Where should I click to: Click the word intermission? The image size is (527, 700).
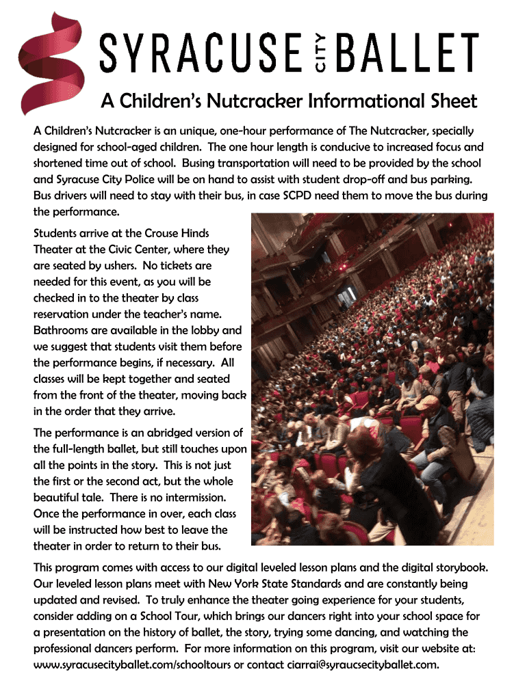pos(188,498)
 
